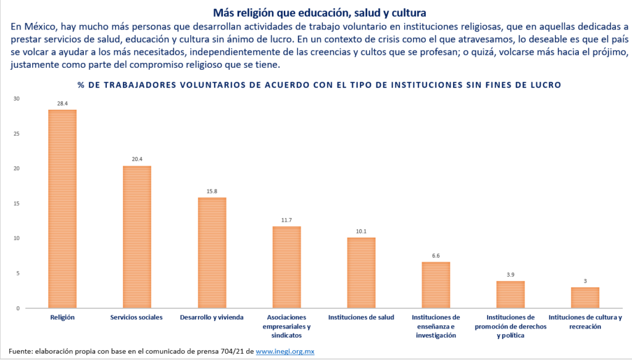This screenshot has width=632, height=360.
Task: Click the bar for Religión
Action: tap(62, 209)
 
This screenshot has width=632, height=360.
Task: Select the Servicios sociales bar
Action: tap(137, 237)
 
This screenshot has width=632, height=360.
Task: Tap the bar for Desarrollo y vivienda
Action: tap(212, 253)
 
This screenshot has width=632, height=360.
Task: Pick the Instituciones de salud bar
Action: tap(361, 272)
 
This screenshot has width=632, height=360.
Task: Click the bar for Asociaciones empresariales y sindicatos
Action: tap(286, 267)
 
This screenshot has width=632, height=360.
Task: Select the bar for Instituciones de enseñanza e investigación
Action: tap(436, 285)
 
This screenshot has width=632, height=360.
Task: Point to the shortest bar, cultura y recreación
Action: tap(585, 297)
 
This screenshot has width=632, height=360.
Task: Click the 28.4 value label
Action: tap(62, 104)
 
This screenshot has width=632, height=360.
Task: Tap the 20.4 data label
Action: tap(137, 159)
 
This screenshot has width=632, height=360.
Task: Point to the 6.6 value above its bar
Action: tap(436, 256)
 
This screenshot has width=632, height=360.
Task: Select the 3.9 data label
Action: tap(510, 275)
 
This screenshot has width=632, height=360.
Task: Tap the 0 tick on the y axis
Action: tap(19, 308)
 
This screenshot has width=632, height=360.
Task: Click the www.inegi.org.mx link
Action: tap(285, 351)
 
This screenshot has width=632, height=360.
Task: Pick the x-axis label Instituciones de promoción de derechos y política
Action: tap(510, 327)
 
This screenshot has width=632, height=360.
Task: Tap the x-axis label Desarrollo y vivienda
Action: tap(212, 317)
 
